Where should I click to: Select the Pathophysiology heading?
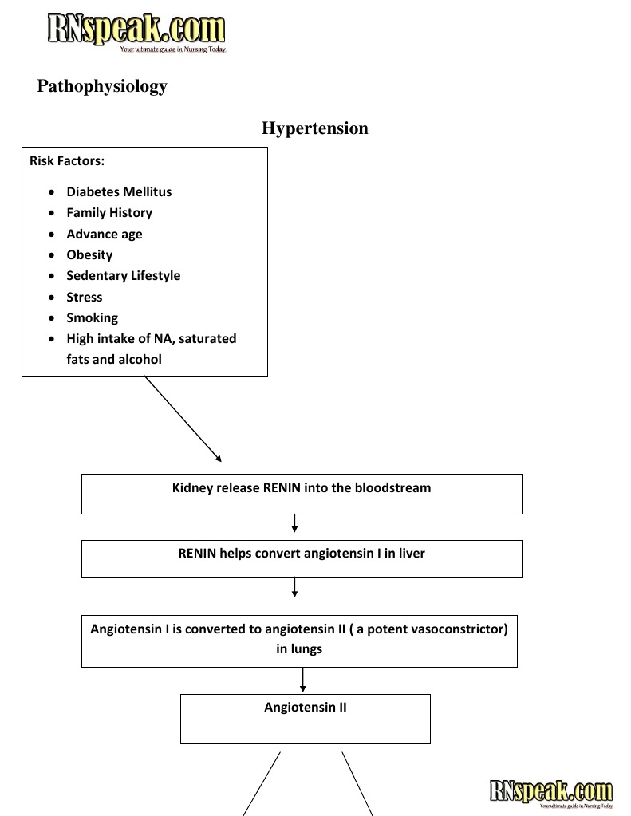pos(102,86)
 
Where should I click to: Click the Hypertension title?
pos(315,128)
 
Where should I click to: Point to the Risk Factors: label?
pos(67,161)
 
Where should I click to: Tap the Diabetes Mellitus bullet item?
pos(119,191)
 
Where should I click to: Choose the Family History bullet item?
pos(109,213)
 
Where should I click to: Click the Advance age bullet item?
pos(105,235)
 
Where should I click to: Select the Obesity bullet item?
pos(89,255)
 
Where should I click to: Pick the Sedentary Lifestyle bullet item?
pos(124,276)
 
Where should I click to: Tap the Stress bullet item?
pos(85,298)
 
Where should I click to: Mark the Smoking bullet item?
pos(92,318)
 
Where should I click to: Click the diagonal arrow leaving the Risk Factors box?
pos(183,420)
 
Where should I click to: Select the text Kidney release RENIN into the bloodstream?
pos(302,487)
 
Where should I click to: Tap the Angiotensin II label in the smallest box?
pos(306,708)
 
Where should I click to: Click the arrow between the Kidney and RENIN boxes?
pos(295,523)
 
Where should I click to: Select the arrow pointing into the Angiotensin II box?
pos(303,680)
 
